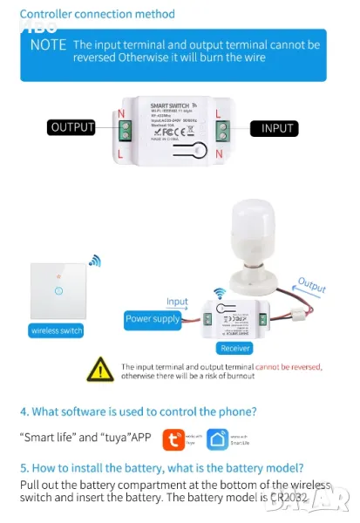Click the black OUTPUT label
pos(71,127)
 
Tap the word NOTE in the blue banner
pos(48,44)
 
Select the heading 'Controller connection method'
pos(97,14)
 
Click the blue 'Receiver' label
pos(234,348)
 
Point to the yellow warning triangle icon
pos(99,370)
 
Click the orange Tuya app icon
pos(175,439)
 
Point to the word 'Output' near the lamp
pos(311,286)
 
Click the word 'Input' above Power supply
pos(177,302)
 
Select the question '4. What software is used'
pos(138,411)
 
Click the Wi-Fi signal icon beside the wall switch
pos(94,260)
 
